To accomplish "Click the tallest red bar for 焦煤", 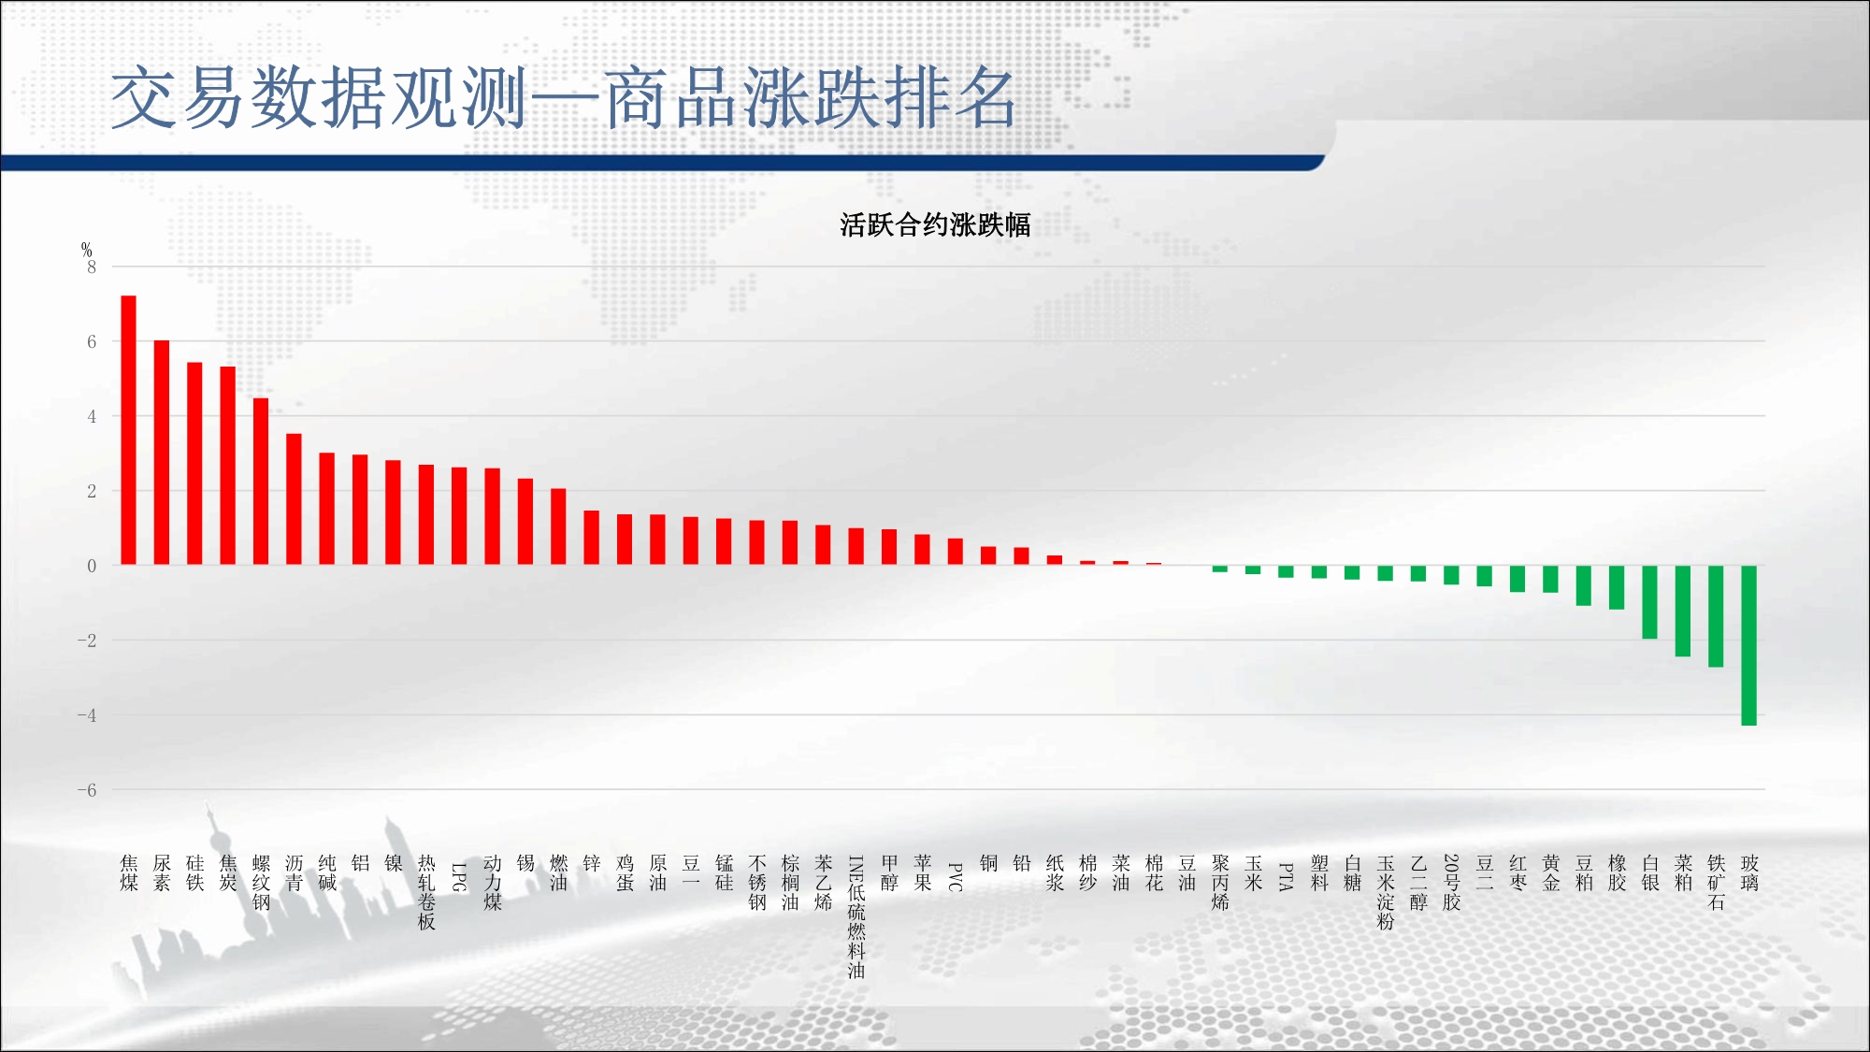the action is (x=129, y=430).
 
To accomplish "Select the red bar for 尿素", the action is (x=162, y=453).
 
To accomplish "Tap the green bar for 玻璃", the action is (x=1748, y=645).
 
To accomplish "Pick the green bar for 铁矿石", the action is (x=1716, y=616).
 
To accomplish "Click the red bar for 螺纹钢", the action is (x=261, y=482).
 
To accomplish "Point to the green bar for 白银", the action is (x=1650, y=602).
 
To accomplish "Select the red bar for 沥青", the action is (x=294, y=499).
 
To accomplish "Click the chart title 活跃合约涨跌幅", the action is (x=935, y=224).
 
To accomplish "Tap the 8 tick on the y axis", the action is (x=92, y=267).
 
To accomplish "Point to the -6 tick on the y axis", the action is (x=87, y=790).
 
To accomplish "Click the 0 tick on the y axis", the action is (x=92, y=566).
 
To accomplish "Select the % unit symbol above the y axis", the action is (x=86, y=250).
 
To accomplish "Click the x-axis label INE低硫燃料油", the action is (x=856, y=916).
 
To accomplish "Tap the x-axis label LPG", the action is (x=459, y=877).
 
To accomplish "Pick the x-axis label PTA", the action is (x=1287, y=877).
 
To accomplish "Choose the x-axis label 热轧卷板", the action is (x=426, y=892).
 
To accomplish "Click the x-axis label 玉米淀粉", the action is (x=1386, y=892).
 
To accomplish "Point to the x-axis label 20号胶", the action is (x=1452, y=882).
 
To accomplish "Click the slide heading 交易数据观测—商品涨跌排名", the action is (x=564, y=97).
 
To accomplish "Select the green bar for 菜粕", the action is (x=1683, y=612).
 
